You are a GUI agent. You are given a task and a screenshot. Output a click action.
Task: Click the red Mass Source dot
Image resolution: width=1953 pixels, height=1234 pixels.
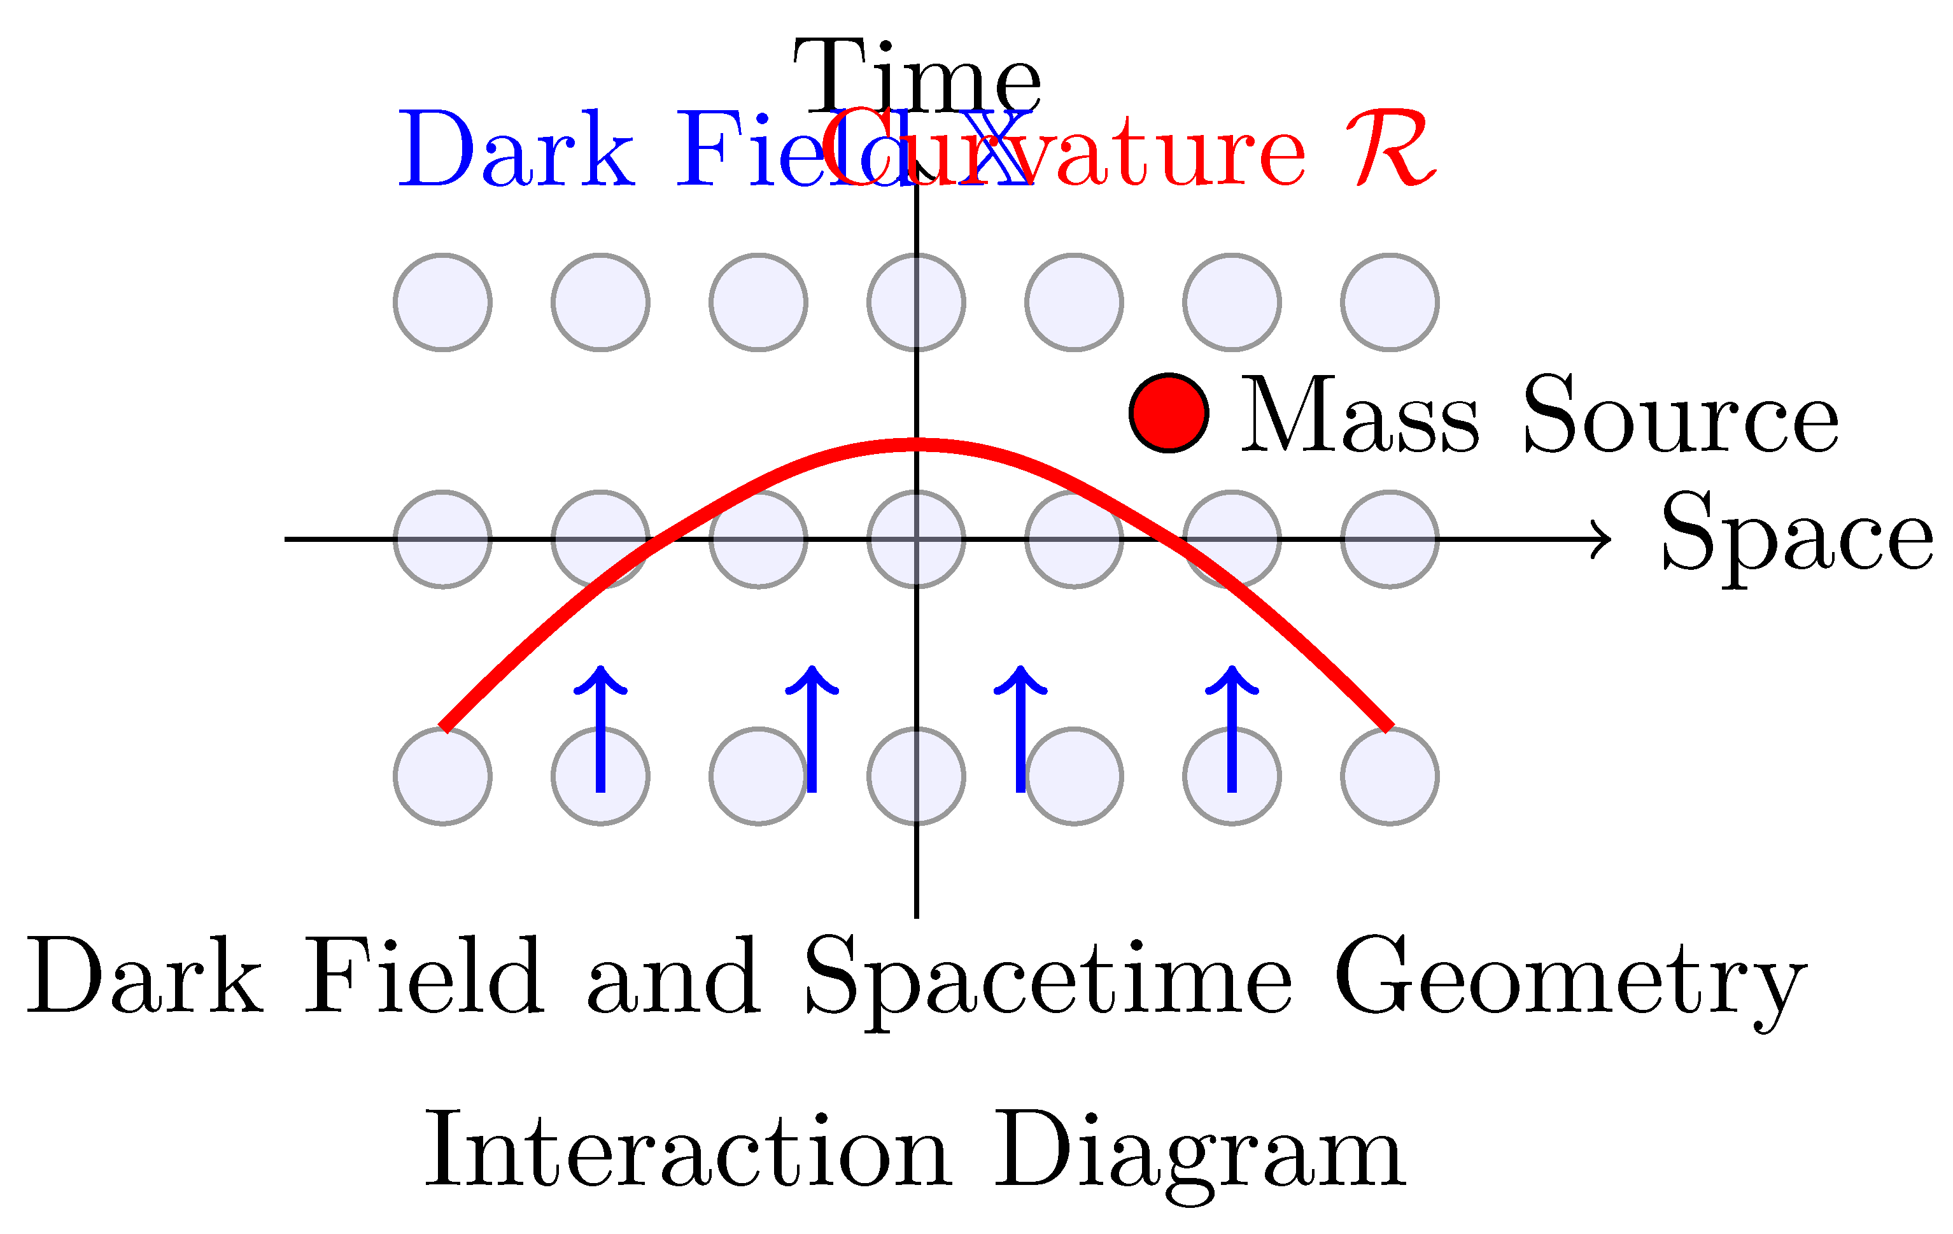(x=1169, y=413)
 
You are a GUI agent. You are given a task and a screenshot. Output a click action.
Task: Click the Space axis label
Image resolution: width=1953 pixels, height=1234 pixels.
(x=1796, y=534)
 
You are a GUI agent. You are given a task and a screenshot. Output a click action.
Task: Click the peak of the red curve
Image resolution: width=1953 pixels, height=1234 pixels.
(x=917, y=444)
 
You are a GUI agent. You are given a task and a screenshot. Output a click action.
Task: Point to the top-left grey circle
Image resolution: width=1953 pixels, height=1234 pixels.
(x=443, y=302)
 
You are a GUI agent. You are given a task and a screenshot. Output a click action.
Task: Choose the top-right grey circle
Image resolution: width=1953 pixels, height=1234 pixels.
(x=1390, y=302)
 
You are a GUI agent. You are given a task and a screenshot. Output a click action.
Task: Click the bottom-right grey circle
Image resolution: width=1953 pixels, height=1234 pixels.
(x=1390, y=776)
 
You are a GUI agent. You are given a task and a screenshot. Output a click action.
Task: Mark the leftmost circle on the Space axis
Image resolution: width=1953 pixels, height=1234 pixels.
(x=443, y=539)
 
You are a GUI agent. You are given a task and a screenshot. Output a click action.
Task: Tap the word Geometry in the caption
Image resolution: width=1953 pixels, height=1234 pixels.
(x=1570, y=979)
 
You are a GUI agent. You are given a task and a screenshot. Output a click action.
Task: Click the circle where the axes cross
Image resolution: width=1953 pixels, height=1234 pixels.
(x=917, y=539)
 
